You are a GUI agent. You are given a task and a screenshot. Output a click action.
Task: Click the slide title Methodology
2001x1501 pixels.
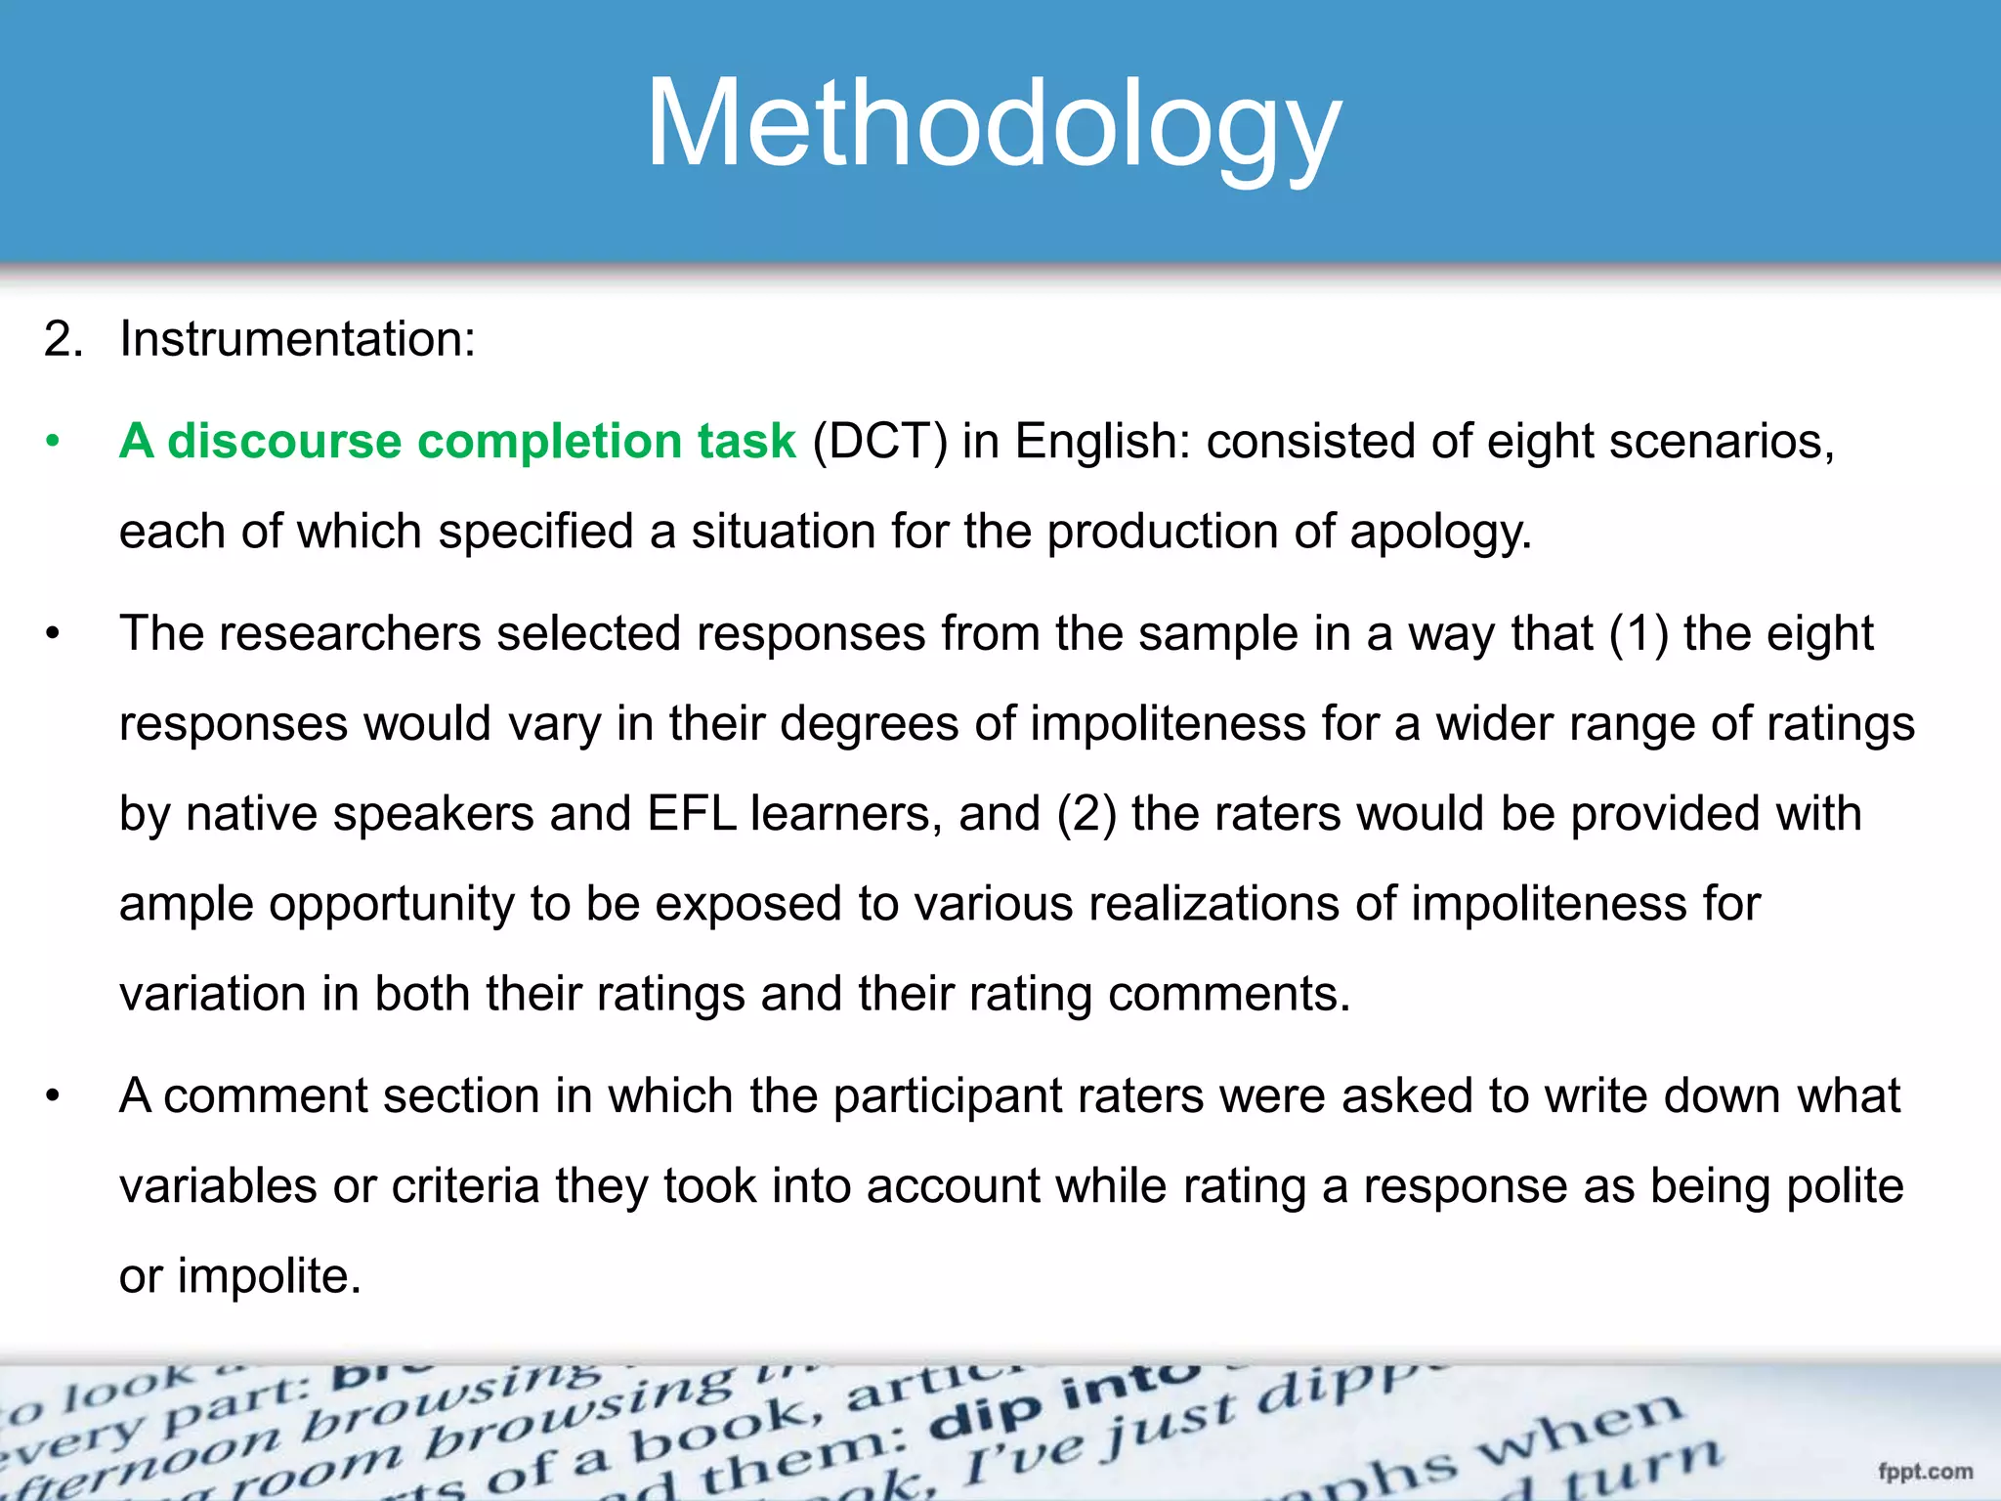click(994, 125)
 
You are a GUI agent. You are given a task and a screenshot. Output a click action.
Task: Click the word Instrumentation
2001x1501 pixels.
click(296, 340)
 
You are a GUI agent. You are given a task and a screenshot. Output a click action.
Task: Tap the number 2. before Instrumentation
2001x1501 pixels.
click(63, 340)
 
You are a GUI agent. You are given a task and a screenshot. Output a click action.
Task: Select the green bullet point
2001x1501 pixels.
click(53, 442)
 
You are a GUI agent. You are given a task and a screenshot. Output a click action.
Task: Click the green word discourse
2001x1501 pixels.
click(284, 441)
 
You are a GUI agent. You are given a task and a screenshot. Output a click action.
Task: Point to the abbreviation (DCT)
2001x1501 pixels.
click(879, 442)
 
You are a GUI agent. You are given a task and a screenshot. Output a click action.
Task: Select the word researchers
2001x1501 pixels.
click(349, 633)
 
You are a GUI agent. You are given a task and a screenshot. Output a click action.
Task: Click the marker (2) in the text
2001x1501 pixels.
click(1086, 814)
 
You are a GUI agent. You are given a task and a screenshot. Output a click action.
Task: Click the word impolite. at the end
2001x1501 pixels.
click(269, 1276)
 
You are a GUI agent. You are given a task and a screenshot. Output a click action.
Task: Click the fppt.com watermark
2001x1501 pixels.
click(1925, 1471)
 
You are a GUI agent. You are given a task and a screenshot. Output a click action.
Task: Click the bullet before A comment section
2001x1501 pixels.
click(53, 1096)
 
